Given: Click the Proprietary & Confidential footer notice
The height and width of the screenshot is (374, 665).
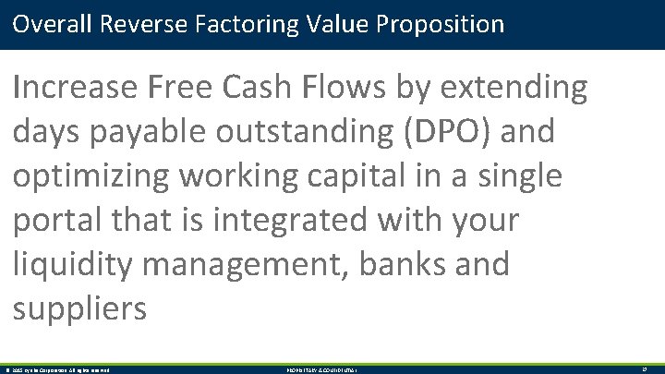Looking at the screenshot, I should click(323, 369).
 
